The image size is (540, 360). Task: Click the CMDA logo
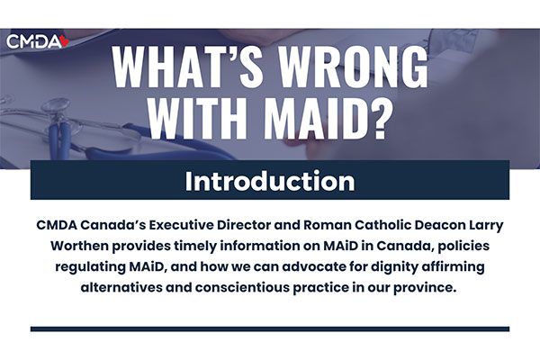(38, 42)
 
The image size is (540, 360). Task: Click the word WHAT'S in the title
(184, 67)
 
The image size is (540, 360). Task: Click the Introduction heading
(270, 181)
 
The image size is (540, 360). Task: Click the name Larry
(486, 226)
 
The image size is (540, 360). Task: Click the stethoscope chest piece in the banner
(55, 105)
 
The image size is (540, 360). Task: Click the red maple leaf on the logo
(65, 41)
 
